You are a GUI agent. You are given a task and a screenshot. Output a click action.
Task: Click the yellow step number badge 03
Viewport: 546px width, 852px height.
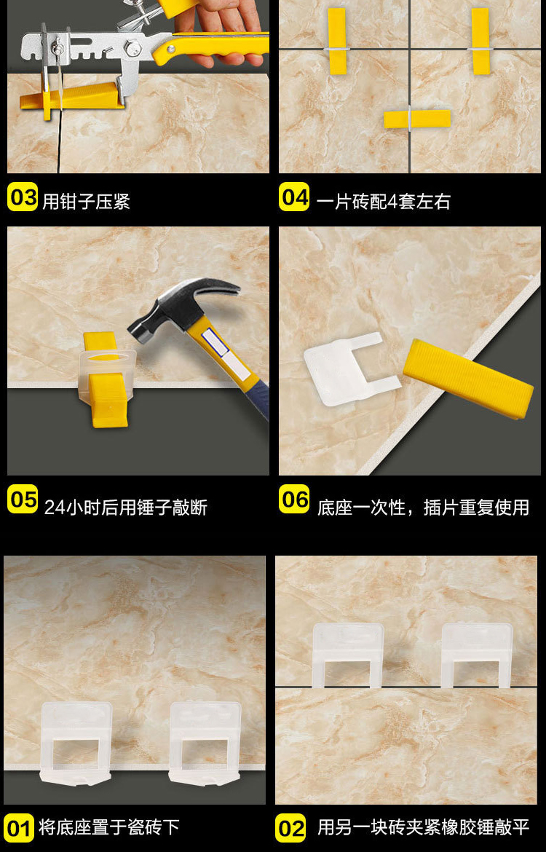[x=23, y=197]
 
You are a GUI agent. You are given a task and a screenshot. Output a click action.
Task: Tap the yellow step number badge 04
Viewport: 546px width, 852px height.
[x=294, y=197]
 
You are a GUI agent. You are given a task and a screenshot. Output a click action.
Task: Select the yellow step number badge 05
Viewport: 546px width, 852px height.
[x=23, y=500]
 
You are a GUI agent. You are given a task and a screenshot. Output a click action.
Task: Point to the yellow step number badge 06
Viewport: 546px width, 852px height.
[x=294, y=500]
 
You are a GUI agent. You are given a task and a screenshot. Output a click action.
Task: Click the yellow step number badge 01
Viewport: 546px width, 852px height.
[x=18, y=827]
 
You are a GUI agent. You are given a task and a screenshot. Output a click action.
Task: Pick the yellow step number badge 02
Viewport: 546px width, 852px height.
[x=290, y=827]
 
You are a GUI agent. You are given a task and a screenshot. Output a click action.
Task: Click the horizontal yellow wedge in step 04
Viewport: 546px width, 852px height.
[x=417, y=119]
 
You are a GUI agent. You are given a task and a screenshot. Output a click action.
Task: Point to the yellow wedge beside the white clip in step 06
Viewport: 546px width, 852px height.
[x=468, y=378]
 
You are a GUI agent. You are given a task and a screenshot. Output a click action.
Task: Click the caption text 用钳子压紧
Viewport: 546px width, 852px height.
[x=87, y=202]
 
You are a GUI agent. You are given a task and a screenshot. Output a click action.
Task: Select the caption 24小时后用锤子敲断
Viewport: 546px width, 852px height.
[x=126, y=508]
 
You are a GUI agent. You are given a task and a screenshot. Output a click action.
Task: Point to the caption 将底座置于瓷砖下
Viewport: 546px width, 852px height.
[x=108, y=827]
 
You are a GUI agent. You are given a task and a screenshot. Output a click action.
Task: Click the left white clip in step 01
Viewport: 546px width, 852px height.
[x=76, y=742]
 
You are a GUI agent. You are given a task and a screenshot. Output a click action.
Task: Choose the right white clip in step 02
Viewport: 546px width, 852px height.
[x=477, y=655]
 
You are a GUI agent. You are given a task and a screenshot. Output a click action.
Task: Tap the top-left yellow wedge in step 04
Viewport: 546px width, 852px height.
[x=337, y=41]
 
